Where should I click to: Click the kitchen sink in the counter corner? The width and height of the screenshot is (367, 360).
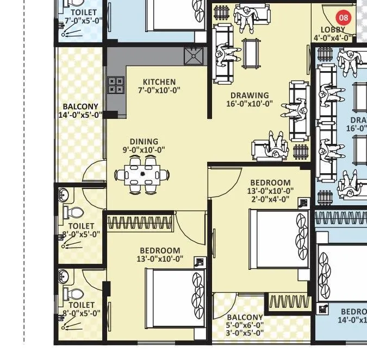(x=192, y=55)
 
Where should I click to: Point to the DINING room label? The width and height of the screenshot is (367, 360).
(x=144, y=141)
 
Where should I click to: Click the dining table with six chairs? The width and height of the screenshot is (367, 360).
(x=142, y=175)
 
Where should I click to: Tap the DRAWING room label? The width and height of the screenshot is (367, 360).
(x=249, y=96)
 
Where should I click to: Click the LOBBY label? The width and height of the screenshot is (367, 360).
(x=333, y=30)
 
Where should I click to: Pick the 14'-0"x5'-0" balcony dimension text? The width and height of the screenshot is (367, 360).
(x=80, y=115)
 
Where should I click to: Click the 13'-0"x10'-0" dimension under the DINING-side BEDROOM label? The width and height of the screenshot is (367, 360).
(x=160, y=258)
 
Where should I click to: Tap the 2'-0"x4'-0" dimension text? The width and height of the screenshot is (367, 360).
(x=270, y=198)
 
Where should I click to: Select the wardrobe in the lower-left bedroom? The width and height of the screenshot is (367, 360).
(x=140, y=223)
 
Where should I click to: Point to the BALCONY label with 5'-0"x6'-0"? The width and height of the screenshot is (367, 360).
(x=245, y=317)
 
